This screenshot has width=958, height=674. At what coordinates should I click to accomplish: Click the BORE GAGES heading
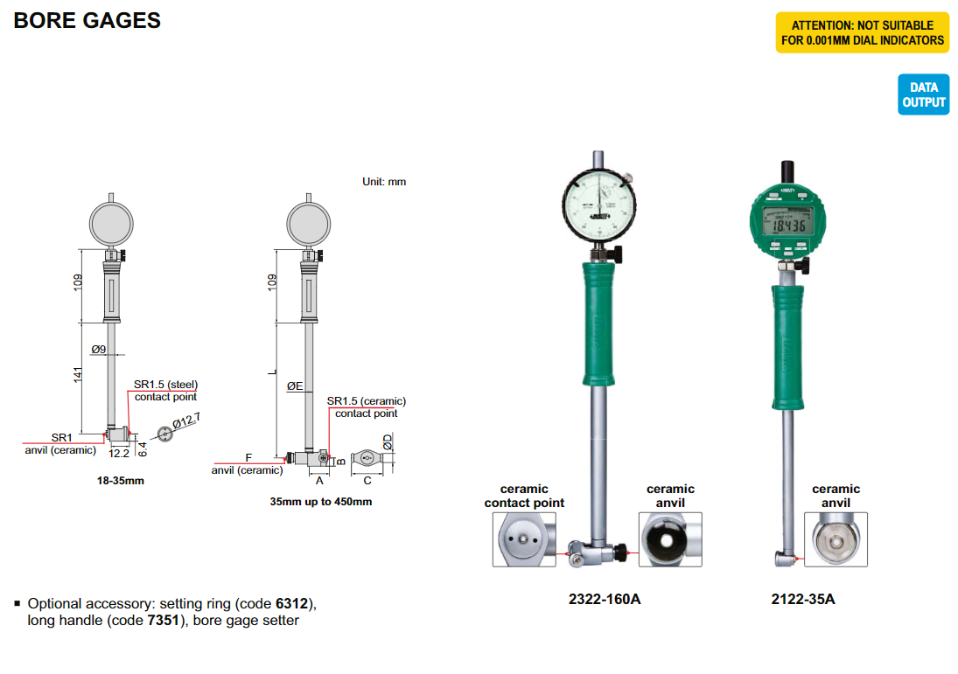tap(87, 20)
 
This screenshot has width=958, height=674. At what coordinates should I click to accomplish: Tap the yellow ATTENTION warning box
tap(862, 33)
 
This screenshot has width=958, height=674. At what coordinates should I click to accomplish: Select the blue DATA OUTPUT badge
tap(923, 94)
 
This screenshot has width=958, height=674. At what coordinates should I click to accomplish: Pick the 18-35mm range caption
tap(120, 481)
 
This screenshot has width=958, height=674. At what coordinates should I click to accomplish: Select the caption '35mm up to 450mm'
tap(321, 502)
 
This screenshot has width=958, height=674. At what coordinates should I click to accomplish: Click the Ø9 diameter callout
tap(98, 350)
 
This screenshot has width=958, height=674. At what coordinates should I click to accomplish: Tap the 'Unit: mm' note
tap(384, 182)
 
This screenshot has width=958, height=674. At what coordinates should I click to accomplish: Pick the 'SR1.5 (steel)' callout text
tap(164, 384)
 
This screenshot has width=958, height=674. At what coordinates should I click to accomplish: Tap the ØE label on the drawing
tap(295, 386)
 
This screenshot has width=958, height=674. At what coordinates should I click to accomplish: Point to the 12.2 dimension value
tap(119, 453)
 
